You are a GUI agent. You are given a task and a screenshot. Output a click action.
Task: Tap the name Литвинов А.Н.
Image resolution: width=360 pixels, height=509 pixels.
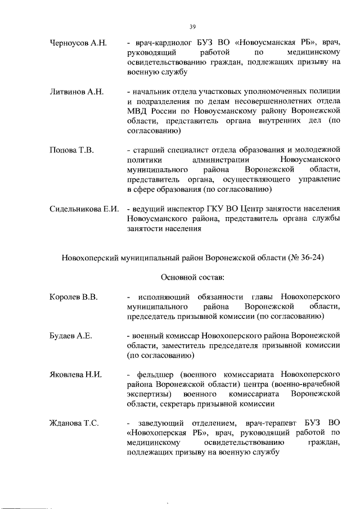(x=74, y=91)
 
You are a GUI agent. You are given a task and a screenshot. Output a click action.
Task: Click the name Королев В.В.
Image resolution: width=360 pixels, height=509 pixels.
(x=73, y=296)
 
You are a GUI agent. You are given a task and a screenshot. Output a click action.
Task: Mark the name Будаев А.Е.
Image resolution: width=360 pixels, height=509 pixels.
(x=70, y=336)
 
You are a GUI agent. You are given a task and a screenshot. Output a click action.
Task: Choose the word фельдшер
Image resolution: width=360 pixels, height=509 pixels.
(x=155, y=374)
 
